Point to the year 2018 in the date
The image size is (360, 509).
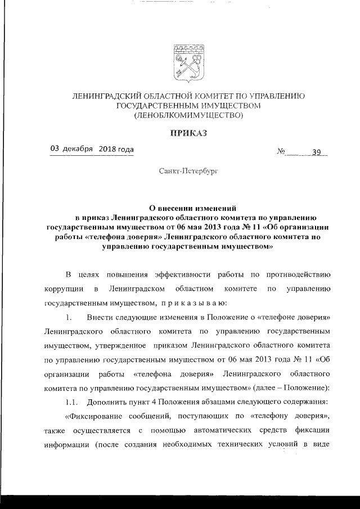point(106,149)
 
